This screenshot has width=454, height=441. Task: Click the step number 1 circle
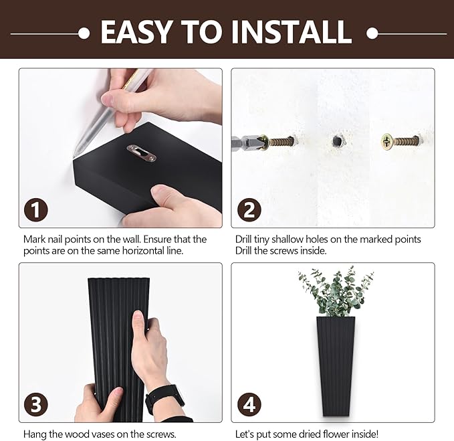click(36, 209)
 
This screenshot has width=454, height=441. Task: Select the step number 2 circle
click(249, 209)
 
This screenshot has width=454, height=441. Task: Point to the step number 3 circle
click(36, 404)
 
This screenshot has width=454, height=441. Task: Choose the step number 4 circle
click(249, 404)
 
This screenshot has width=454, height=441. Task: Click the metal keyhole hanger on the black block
click(142, 153)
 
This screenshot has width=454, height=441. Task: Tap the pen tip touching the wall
click(76, 153)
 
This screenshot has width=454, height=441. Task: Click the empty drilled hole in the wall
click(337, 141)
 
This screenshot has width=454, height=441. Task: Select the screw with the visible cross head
click(401, 142)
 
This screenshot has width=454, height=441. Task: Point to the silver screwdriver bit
click(247, 143)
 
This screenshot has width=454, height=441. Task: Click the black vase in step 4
click(336, 366)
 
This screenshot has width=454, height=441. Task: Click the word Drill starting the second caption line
click(243, 251)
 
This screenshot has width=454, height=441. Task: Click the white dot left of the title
click(84, 33)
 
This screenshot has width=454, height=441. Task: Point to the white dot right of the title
click(372, 33)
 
